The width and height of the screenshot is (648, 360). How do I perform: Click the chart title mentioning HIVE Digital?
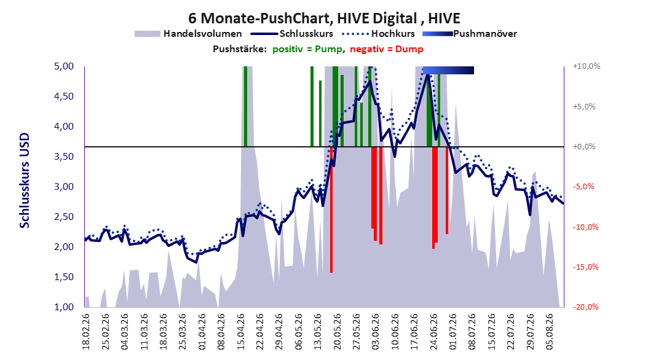[324, 18]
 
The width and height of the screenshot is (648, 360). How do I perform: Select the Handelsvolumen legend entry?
[189, 34]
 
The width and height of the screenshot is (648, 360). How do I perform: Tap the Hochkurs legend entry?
[377, 34]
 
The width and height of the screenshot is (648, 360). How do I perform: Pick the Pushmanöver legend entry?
[470, 34]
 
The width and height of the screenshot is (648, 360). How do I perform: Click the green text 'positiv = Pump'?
[307, 49]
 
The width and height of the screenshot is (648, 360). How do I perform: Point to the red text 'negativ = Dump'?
[387, 49]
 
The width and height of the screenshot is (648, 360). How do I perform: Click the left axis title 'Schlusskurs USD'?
[25, 181]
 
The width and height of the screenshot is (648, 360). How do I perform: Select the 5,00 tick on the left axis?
[64, 66]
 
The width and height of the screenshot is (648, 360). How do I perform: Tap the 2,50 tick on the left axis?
[64, 217]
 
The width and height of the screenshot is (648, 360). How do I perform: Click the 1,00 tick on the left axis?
[64, 307]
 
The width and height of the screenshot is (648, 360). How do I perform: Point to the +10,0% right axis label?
[587, 66]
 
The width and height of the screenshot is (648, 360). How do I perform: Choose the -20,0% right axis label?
[585, 307]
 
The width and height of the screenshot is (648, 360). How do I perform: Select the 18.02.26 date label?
[86, 332]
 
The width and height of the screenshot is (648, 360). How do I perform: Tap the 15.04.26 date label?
[240, 332]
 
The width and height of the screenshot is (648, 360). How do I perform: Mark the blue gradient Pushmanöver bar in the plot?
[448, 70]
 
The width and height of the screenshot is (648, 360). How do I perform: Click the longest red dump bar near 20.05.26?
[331, 209]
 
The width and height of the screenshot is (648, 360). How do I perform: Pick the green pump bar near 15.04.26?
[245, 106]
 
